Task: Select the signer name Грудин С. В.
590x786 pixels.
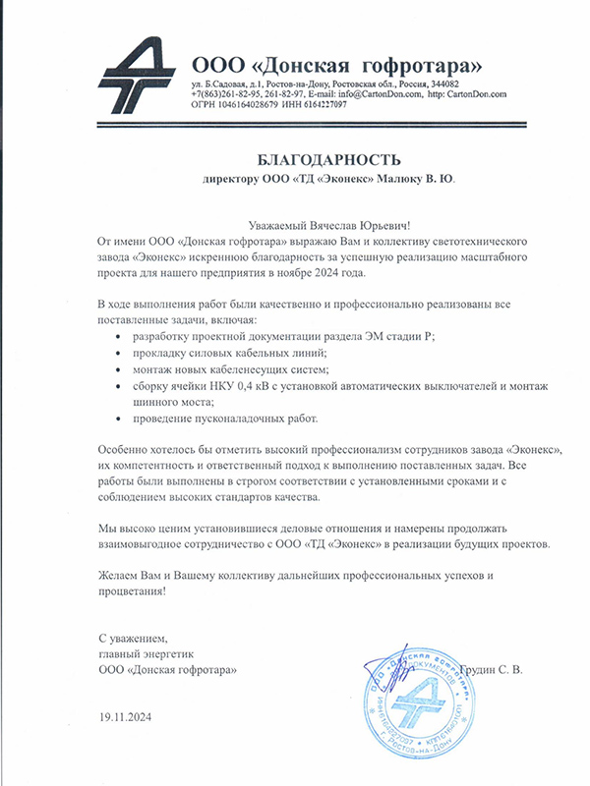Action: (513, 669)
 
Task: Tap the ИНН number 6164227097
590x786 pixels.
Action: (320, 104)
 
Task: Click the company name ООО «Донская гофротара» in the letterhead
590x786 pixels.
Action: (337, 65)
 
